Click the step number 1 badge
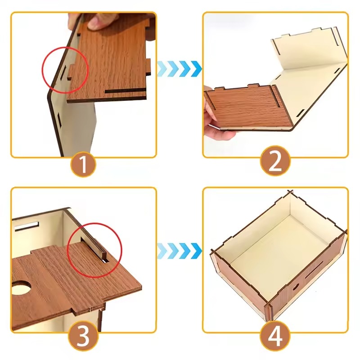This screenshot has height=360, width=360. (83, 164)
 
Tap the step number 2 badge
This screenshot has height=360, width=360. (275, 161)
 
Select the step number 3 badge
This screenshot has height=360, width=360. (83, 336)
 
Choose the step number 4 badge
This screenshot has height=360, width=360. (275, 336)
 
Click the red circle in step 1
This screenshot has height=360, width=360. (65, 70)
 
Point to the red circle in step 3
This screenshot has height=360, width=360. (94, 250)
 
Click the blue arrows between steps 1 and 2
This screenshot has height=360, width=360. (180, 69)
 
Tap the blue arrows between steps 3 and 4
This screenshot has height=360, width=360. (180, 251)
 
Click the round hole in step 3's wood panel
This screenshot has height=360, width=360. (21, 287)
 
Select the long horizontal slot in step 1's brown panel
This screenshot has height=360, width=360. (126, 91)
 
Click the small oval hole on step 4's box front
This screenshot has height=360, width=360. (296, 287)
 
